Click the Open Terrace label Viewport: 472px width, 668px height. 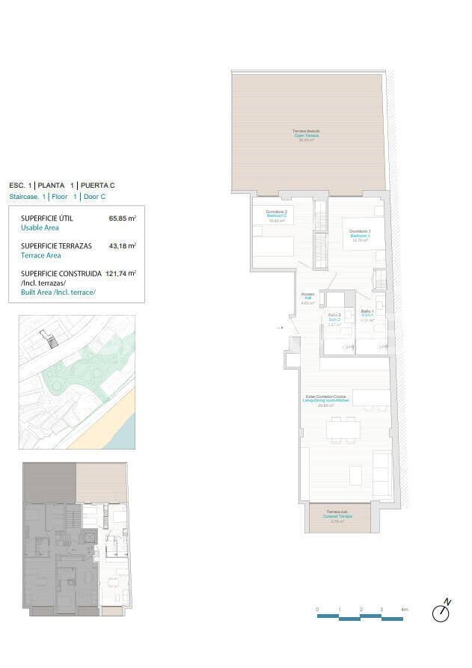pos(306,135)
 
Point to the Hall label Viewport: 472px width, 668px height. pos(307,298)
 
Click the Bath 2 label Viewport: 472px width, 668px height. pos(334,319)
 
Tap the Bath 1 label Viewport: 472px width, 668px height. pos(367,315)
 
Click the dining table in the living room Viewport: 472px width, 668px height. pos(343,429)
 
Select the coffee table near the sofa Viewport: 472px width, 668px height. pos(355,475)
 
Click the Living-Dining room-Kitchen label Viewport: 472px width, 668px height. pos(325,400)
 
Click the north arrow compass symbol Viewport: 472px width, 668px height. pos(442,611)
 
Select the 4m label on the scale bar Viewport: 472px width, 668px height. pos(404,610)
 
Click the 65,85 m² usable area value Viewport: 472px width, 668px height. pos(122,219)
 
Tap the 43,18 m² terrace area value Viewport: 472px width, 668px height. pos(122,245)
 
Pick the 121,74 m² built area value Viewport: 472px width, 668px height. pos(120,274)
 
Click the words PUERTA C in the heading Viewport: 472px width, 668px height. pos(98,185)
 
